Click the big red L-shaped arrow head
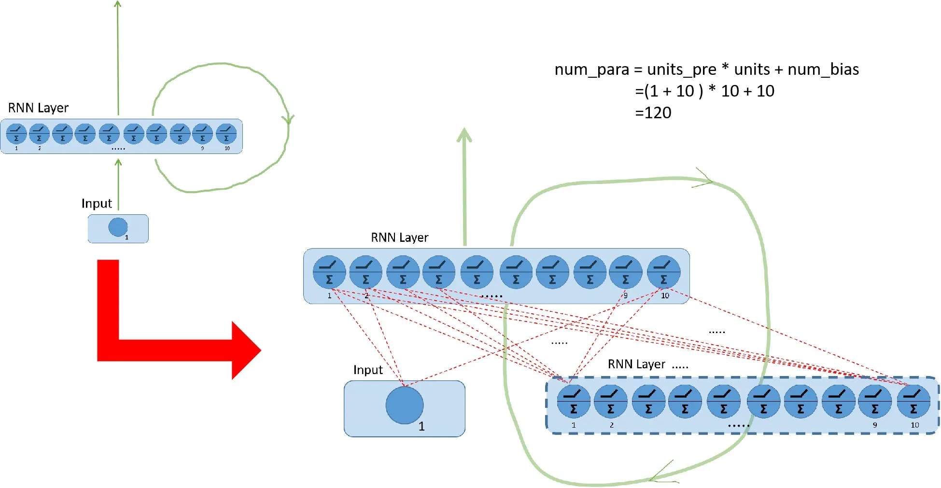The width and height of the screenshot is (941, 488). point(244,350)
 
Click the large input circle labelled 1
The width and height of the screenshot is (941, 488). point(405,405)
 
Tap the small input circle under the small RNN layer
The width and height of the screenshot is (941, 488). point(118,227)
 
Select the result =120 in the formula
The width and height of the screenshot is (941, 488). point(653,113)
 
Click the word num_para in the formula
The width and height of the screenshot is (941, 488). point(591,70)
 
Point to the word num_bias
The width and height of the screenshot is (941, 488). point(823,70)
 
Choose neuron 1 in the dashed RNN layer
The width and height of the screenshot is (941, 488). point(574,402)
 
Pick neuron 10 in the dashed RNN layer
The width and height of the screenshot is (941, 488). point(913,402)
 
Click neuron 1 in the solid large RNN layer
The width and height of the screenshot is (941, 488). point(329,272)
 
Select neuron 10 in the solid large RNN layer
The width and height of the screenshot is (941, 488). point(664,272)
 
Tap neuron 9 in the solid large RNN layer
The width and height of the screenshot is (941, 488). point(626,272)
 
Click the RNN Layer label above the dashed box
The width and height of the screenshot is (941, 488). point(636,364)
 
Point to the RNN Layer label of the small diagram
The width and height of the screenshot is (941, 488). point(39,108)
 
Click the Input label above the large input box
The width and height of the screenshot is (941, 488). point(368,370)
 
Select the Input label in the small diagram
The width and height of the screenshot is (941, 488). point(97,204)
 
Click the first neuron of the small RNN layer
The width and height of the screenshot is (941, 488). point(16,134)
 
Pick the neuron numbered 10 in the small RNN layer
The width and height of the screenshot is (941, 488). point(226,134)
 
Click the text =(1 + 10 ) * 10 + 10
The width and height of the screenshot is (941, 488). point(705,91)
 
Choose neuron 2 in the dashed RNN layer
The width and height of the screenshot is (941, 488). point(611,402)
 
